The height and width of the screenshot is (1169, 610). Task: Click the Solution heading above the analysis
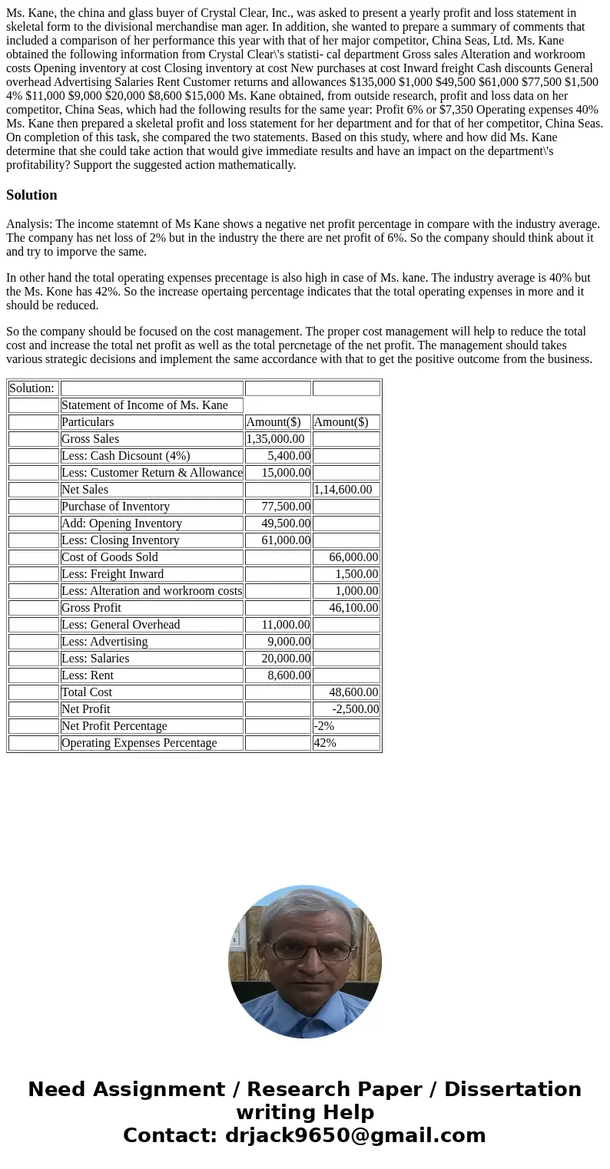(31, 195)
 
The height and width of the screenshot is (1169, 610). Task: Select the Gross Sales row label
(90, 439)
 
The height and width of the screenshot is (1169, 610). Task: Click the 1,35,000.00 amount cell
(276, 439)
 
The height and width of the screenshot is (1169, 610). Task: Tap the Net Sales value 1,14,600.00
(343, 490)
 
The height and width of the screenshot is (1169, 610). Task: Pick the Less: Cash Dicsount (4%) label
(125, 456)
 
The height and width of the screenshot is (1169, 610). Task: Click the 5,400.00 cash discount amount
(289, 456)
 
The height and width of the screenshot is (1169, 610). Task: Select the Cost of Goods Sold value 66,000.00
(353, 557)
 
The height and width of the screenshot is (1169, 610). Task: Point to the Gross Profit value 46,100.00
(353, 608)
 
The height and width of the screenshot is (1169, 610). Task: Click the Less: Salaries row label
(95, 659)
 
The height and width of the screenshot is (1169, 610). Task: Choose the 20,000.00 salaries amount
(286, 659)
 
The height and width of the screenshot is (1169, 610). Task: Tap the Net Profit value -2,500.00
(355, 709)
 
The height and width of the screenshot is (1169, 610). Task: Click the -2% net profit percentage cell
(324, 726)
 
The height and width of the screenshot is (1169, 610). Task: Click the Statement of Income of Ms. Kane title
(144, 405)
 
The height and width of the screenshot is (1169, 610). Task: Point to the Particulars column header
(88, 422)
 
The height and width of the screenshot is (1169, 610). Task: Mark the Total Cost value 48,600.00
(353, 692)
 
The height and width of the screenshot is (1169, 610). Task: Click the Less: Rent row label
(88, 675)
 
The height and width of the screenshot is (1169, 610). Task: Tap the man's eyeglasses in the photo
(305, 950)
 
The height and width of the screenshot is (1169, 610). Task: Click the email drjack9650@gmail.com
(355, 1135)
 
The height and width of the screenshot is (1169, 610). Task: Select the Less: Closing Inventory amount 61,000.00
(286, 540)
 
